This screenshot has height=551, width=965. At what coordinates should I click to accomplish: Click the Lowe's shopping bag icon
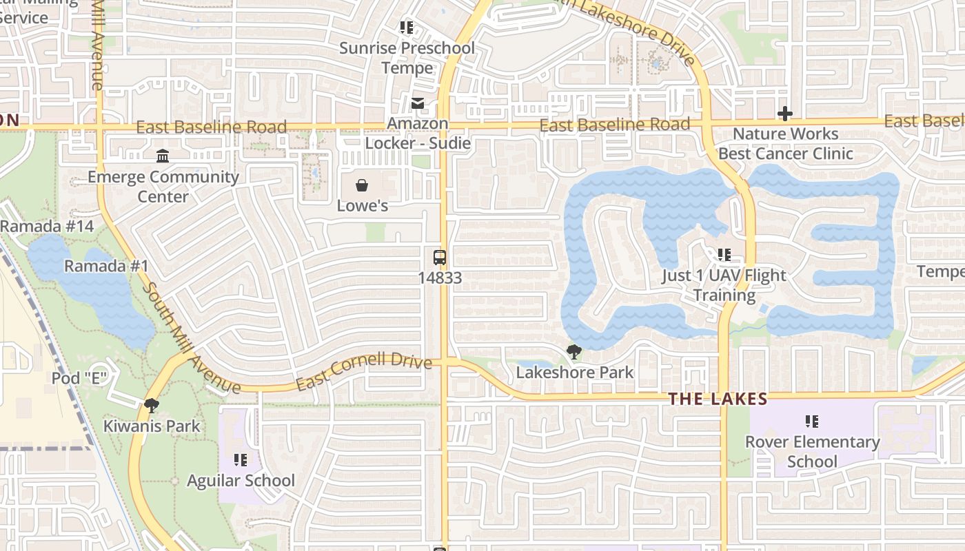tap(362, 185)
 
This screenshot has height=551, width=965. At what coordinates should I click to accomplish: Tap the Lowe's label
tap(363, 206)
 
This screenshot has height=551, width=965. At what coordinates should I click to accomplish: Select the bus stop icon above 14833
tap(440, 258)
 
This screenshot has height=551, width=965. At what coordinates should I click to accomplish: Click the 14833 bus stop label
tap(440, 278)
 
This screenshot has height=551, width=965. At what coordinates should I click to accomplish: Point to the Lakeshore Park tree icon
tap(573, 352)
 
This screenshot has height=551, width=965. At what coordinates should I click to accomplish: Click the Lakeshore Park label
tap(575, 373)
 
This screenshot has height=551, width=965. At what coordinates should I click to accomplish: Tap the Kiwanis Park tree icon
tap(152, 406)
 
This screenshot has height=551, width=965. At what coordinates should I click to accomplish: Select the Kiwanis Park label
tap(152, 426)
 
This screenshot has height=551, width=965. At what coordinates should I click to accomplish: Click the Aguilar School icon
tap(241, 459)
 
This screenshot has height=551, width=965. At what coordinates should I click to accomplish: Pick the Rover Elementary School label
tap(812, 451)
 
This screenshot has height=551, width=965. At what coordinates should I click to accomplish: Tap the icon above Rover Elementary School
tap(812, 421)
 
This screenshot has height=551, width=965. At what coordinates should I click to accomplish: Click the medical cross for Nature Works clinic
tap(785, 114)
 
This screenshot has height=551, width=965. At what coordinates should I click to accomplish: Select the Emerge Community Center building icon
tap(163, 156)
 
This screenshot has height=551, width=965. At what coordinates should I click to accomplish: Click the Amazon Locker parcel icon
tap(418, 103)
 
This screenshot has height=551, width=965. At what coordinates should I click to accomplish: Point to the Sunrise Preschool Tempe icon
tap(407, 28)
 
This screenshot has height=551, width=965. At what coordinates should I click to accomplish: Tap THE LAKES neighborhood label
tap(718, 399)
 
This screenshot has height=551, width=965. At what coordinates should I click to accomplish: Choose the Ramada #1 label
tap(106, 267)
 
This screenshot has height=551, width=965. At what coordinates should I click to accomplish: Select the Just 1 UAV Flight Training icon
tap(724, 255)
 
